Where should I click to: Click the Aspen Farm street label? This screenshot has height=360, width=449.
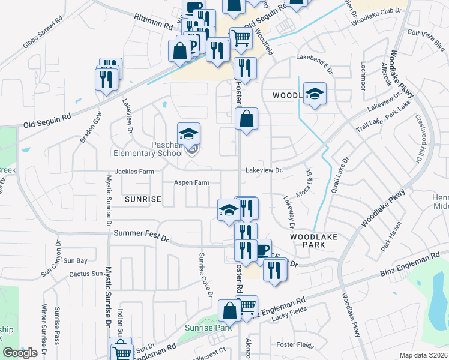pos(191,182)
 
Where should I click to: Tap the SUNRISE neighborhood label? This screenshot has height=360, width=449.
pos(143,199)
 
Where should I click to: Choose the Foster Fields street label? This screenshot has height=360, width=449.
pos(295,345)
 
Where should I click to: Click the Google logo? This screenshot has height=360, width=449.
pos(20,353)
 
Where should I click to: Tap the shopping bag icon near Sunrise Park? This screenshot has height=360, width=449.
pos(229,311)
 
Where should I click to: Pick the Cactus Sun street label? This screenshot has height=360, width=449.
pos(86,274)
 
